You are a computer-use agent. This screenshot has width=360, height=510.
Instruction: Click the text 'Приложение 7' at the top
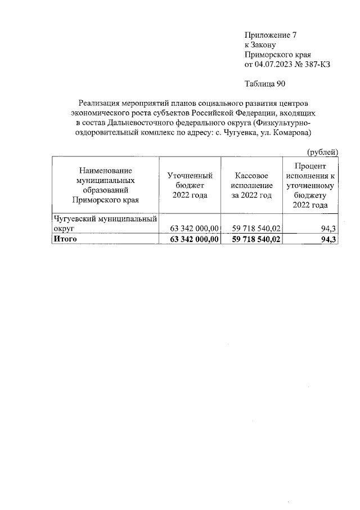click(271, 35)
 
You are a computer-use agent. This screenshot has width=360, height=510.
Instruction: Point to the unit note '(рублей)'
click(322, 151)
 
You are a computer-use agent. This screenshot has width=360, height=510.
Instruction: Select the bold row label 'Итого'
click(64, 239)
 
